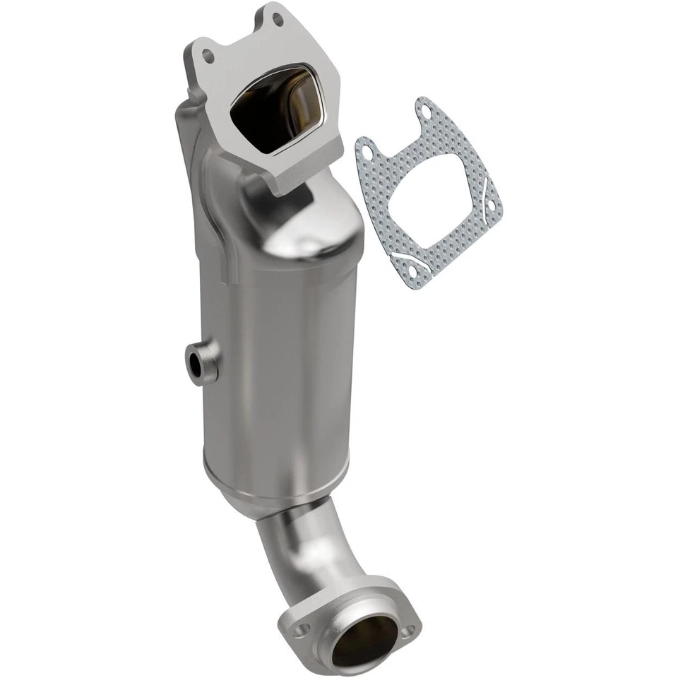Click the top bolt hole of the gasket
pos(424,109)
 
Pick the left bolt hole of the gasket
pos(364,150)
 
